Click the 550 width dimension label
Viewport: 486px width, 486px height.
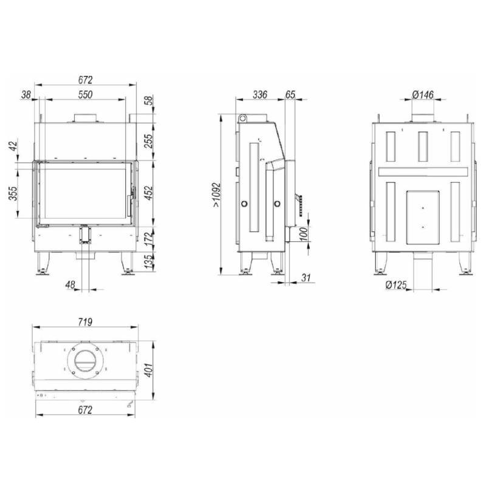(85, 95)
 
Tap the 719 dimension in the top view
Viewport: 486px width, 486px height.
(85, 323)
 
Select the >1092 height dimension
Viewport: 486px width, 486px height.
(216, 195)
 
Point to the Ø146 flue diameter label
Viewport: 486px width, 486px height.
(423, 95)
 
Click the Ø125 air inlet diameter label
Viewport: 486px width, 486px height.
(396, 285)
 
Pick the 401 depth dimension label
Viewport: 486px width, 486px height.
(149, 370)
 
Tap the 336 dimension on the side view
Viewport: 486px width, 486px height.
(260, 95)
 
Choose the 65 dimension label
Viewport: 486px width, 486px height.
(290, 95)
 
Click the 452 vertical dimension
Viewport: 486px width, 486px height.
(149, 193)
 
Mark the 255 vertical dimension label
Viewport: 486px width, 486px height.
(149, 141)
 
